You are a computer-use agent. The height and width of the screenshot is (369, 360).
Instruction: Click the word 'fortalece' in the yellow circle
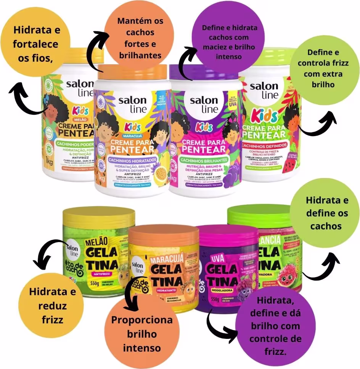[x=35, y=44]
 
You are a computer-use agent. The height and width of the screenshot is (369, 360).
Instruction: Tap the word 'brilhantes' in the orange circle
[x=140, y=55]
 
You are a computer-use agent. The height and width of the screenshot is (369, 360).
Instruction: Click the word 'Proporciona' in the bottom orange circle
[x=142, y=319]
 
